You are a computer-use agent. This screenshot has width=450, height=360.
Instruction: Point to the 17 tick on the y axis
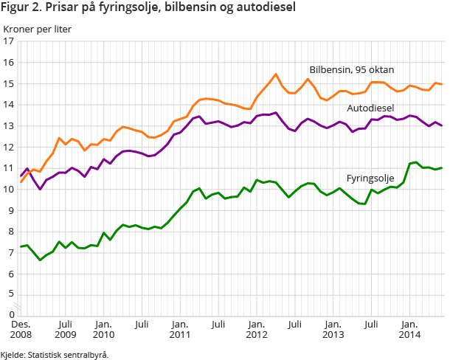pyautogui.click(x=9, y=42)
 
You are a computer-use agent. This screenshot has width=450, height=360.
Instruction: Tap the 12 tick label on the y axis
pyautogui.click(x=9, y=148)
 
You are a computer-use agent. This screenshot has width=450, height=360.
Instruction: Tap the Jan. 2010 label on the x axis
pyautogui.click(x=103, y=329)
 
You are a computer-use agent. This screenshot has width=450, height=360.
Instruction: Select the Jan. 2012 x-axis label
pyautogui.click(x=256, y=329)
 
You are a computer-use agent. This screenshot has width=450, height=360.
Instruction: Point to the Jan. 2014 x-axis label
pyautogui.click(x=409, y=329)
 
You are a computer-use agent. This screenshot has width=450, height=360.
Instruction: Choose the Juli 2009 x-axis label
pyautogui.click(x=65, y=329)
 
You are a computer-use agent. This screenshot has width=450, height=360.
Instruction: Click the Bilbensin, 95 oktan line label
pyautogui.click(x=351, y=69)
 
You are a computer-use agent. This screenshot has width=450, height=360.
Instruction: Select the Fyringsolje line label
pyautogui.click(x=370, y=179)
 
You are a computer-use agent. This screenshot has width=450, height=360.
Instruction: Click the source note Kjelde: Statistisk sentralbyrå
pyautogui.click(x=55, y=354)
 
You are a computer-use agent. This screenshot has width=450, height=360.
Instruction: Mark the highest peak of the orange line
pyautogui.click(x=275, y=74)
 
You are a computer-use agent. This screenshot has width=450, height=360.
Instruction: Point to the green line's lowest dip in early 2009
pyautogui.click(x=40, y=260)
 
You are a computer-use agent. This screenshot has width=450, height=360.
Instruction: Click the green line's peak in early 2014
pyautogui.click(x=416, y=162)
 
